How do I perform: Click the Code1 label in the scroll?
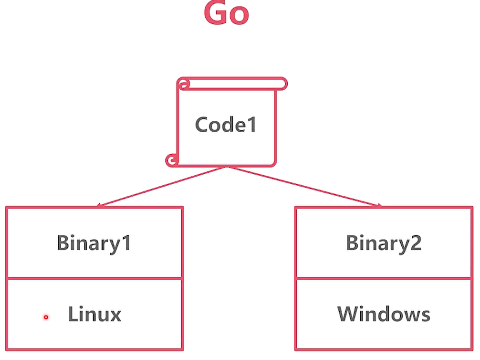coord(226,125)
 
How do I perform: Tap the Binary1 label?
coord(94,243)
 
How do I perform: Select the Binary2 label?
coord(384,243)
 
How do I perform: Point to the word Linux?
coord(94,315)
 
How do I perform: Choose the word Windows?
coord(384,315)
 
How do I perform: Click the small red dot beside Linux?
coord(46,317)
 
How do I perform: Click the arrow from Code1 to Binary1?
coord(162,187)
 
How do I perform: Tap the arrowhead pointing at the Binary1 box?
coord(99,205)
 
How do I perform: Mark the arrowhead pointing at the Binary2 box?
coord(379,205)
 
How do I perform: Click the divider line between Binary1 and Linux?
coord(94,278)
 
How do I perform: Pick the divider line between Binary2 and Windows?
coord(384,278)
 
